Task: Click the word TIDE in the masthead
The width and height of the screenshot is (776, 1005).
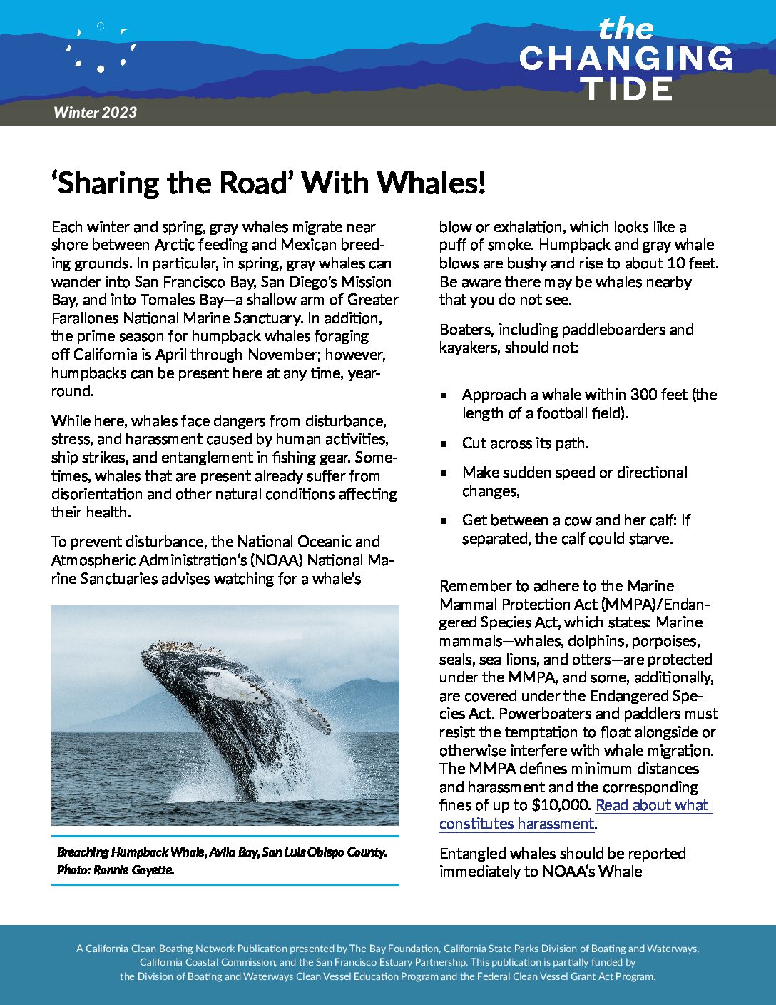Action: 626,89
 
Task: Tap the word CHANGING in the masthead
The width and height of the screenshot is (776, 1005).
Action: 626,59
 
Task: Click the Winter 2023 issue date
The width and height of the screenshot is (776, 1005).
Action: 95,112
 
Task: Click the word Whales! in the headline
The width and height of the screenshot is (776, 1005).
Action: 432,183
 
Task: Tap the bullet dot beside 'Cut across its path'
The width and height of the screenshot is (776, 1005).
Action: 444,444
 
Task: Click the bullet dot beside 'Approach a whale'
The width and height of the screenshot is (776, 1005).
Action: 444,395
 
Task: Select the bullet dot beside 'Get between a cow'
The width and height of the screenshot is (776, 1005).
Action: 444,521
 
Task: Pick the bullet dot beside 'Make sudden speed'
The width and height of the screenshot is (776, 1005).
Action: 444,473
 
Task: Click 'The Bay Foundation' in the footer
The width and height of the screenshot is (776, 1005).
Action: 394,949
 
